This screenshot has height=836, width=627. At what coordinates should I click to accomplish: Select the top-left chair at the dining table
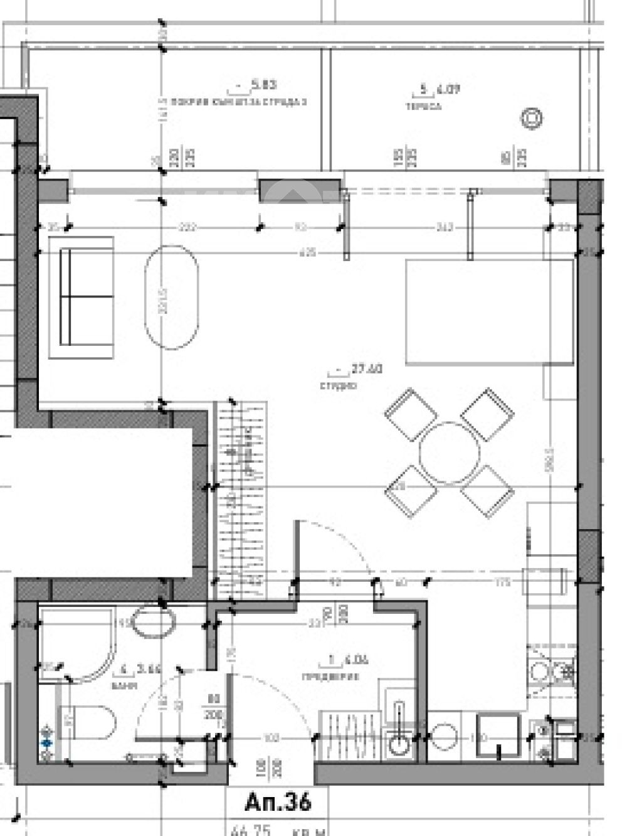[x=411, y=415]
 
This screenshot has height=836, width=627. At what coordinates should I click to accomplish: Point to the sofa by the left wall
[x=86, y=297]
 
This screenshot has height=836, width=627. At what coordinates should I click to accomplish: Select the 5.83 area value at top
[x=263, y=84]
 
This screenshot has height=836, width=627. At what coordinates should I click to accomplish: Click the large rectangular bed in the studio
[x=490, y=312]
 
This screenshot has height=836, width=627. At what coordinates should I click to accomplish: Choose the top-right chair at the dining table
[x=488, y=415]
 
